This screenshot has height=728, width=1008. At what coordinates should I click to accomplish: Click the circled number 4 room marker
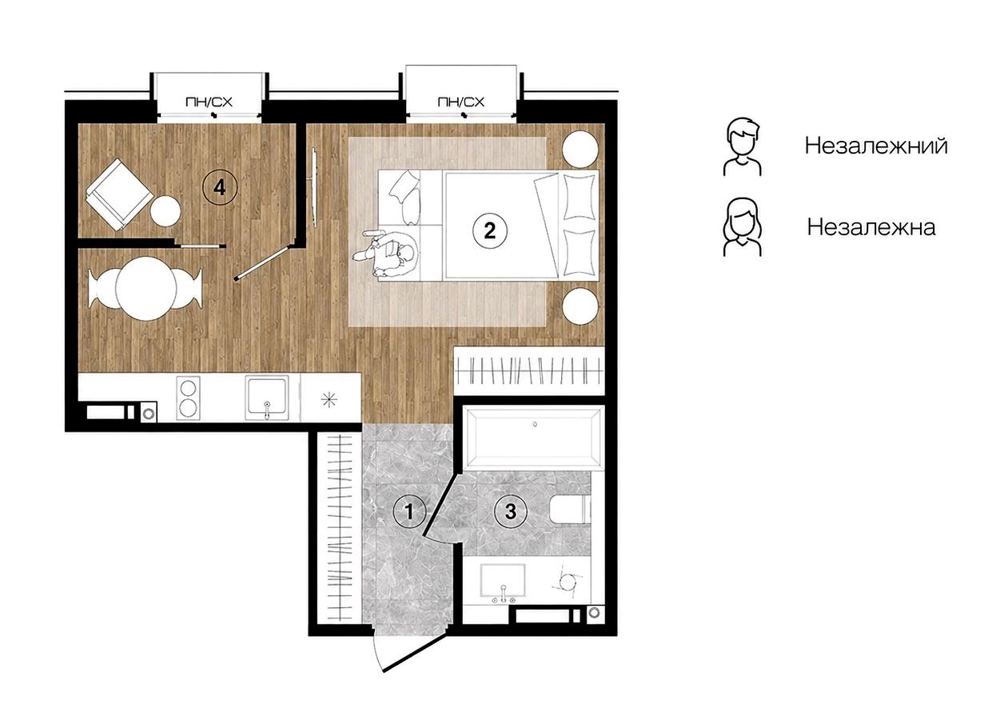tap(220, 187)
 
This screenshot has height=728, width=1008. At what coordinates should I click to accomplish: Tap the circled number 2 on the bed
tap(489, 230)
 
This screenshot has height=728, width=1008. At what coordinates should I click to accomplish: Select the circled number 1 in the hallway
tap(409, 511)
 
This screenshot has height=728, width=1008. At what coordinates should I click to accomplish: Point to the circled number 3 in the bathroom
tap(510, 511)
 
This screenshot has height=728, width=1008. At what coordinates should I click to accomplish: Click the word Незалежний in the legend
tap(876, 146)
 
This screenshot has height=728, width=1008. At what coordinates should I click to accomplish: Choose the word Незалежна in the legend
tap(871, 227)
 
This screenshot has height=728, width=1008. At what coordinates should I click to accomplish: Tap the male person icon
tap(742, 147)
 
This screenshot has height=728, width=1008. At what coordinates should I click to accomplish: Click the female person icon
tap(742, 227)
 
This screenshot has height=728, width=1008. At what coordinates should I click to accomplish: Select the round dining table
tap(145, 288)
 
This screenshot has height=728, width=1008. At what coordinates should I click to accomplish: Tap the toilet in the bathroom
tap(571, 510)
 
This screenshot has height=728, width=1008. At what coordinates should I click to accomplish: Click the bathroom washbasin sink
tap(503, 580)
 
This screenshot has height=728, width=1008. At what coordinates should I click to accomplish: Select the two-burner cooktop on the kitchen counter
tap(188, 398)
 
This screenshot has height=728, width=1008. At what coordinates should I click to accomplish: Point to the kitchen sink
tap(267, 398)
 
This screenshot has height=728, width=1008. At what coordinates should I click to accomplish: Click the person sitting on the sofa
tap(388, 253)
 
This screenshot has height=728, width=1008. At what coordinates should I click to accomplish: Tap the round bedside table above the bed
tap(580, 149)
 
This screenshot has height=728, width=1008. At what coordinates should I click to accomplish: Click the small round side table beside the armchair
tap(165, 211)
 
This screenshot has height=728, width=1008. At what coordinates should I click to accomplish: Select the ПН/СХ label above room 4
tap(209, 102)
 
